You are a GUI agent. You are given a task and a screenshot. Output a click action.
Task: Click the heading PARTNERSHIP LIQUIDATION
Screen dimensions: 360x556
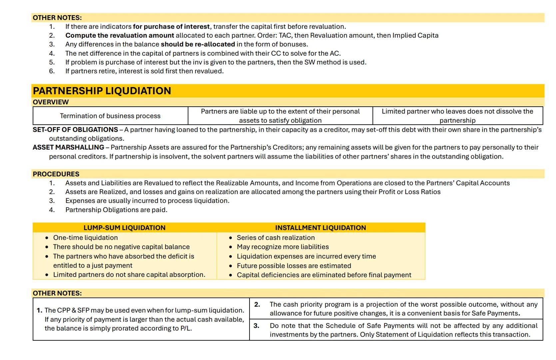pos(102,91)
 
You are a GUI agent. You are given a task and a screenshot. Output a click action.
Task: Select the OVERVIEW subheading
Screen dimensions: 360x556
pos(51,102)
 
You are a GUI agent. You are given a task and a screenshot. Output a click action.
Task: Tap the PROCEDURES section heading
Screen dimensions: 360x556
pos(56,174)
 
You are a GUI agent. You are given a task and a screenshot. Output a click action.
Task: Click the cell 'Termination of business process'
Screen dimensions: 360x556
pos(110,116)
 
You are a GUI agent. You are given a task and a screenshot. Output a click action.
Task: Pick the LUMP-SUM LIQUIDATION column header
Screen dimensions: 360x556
pos(124,228)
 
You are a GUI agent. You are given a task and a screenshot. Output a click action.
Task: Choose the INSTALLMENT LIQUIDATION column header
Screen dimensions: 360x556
pos(320,228)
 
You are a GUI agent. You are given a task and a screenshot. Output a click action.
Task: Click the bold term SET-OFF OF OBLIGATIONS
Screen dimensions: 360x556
pos(75,130)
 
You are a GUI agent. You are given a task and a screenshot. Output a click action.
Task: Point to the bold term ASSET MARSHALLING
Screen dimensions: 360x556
pos(68,147)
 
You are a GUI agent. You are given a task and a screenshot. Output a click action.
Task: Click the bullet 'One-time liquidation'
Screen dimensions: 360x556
pos(85,238)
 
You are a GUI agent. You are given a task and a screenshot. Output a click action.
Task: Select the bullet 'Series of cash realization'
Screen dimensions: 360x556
pos(276,238)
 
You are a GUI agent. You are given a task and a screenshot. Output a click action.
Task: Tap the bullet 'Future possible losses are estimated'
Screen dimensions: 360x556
pos(294,266)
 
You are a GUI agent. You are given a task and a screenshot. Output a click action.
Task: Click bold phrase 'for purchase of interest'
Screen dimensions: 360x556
pos(171,27)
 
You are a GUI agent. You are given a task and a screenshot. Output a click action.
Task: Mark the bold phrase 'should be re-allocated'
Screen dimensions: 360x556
pos(198,44)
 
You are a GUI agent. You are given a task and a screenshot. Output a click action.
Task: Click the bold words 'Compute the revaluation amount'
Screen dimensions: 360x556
pos(120,35)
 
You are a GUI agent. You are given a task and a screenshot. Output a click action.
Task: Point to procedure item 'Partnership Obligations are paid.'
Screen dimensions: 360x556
pos(116,210)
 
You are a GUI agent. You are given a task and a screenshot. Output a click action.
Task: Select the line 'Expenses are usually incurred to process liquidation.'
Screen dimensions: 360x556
pos(147,201)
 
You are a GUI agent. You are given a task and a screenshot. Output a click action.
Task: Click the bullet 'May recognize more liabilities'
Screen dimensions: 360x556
pos(282,247)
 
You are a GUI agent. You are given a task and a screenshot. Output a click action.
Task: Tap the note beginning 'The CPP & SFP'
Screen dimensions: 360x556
pos(144,319)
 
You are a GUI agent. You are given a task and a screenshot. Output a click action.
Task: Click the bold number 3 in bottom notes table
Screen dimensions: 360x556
pos(256,326)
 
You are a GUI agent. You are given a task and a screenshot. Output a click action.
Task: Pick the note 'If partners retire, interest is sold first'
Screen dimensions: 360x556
pos(144,71)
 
